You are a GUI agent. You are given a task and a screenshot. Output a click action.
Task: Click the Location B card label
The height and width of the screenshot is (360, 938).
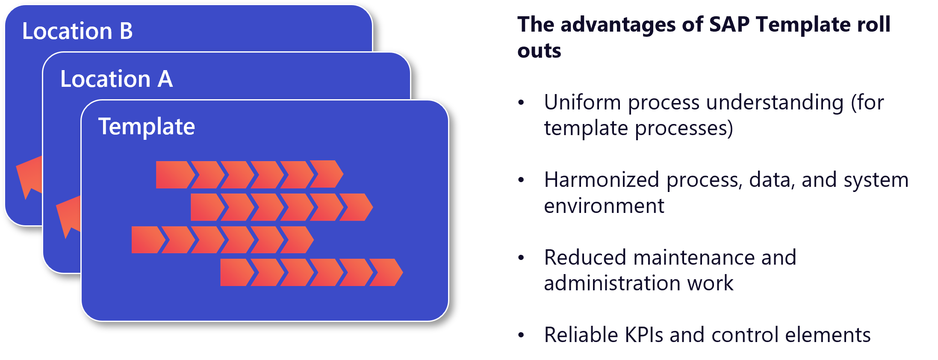click(x=77, y=31)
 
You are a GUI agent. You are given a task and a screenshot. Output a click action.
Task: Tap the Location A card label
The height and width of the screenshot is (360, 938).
click(x=116, y=79)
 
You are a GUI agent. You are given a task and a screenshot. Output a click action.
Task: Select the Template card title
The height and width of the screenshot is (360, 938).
click(x=147, y=127)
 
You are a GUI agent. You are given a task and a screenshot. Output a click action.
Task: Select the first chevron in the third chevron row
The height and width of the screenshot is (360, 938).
click(x=147, y=240)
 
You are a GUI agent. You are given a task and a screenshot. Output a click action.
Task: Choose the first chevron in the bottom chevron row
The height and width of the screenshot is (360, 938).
click(x=236, y=272)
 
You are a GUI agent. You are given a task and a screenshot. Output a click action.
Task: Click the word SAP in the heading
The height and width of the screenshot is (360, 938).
click(x=729, y=24)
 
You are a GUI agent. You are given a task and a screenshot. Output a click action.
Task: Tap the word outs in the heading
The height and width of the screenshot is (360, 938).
click(x=539, y=51)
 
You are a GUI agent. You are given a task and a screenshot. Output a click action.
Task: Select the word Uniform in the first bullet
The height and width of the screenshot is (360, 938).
click(x=582, y=103)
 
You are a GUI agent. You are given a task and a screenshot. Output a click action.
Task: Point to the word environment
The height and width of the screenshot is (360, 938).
click(x=604, y=206)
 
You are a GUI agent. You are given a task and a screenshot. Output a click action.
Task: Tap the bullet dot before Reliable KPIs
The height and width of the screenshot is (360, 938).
click(x=521, y=335)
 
